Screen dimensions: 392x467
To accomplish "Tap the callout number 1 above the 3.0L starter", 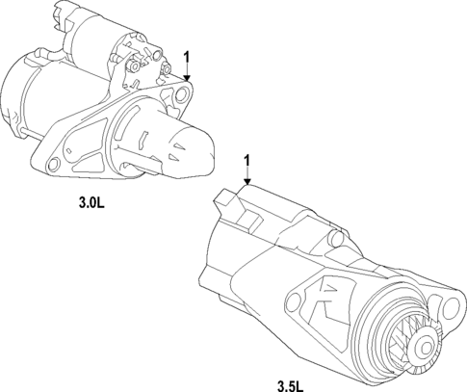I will [187, 56].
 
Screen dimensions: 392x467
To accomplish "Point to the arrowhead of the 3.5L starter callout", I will [247, 182].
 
